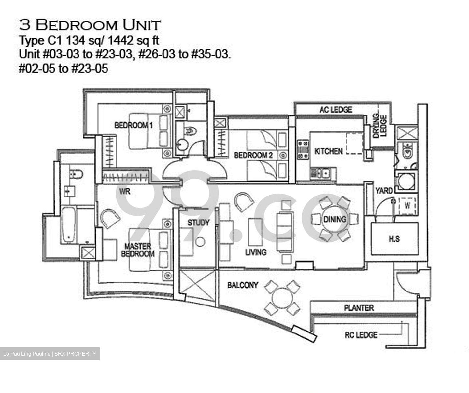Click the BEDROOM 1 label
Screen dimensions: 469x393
[x=134, y=125]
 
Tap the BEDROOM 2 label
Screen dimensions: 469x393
[x=253, y=155]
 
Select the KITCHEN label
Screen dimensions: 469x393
[x=328, y=151]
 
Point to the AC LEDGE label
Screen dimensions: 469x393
[x=336, y=110]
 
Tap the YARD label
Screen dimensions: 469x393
[x=384, y=191]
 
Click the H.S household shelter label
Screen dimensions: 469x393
[x=394, y=239]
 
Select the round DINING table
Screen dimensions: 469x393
[x=335, y=219]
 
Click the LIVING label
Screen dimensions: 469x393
[x=256, y=252]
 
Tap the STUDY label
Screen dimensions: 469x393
[x=198, y=223]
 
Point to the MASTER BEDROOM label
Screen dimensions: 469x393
[x=138, y=250]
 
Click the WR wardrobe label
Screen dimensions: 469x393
[x=125, y=191]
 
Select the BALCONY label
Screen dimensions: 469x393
[x=243, y=285]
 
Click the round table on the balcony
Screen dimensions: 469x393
[x=282, y=298]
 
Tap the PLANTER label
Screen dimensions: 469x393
[x=359, y=308]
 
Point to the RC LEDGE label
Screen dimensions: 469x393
[x=361, y=335]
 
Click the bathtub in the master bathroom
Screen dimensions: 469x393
[x=68, y=225]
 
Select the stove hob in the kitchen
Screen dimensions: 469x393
[x=303, y=149]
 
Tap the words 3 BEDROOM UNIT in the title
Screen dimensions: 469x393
[x=90, y=25]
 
